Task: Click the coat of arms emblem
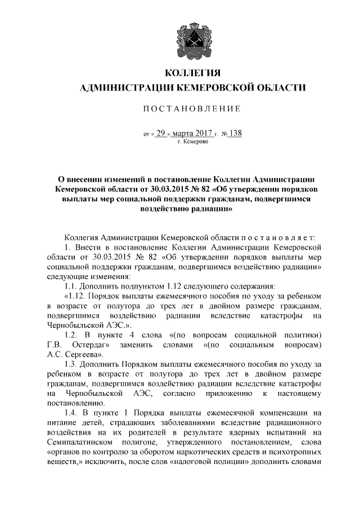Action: [192, 35]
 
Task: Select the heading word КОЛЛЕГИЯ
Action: [192, 73]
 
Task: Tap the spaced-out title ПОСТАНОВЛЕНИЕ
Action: [192, 108]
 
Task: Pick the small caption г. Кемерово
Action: [192, 143]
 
